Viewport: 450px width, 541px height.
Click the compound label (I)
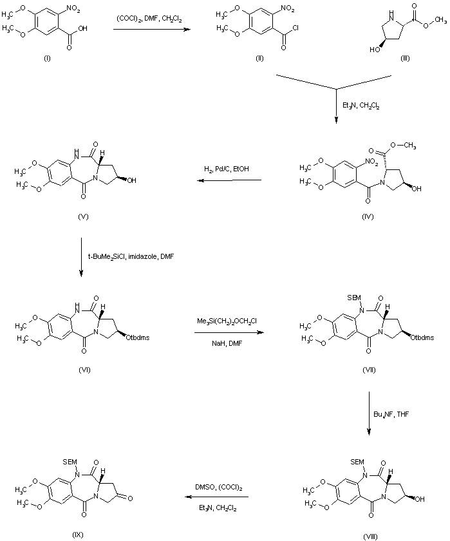(47, 59)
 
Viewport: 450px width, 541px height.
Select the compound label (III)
(405, 59)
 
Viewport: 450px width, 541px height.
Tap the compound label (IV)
(368, 216)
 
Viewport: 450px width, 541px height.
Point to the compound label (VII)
(369, 370)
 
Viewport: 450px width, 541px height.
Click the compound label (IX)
(78, 535)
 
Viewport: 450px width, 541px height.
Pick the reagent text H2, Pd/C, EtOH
(227, 169)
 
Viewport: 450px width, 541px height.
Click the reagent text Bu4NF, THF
(391, 414)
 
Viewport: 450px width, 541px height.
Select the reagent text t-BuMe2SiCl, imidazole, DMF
(131, 257)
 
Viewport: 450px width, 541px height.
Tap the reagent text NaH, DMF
(227, 344)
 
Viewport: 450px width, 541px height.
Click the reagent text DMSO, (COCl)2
(219, 488)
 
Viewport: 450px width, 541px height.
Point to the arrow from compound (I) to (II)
(152, 30)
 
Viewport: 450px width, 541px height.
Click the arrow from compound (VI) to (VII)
(229, 332)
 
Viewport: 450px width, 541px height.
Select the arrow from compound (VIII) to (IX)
(216, 497)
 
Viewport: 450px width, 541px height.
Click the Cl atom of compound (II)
(295, 28)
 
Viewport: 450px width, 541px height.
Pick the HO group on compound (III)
(375, 50)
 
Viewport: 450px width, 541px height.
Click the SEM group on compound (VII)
(354, 298)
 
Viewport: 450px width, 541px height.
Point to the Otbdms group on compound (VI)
(138, 337)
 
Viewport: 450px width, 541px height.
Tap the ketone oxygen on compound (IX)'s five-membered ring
(129, 498)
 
